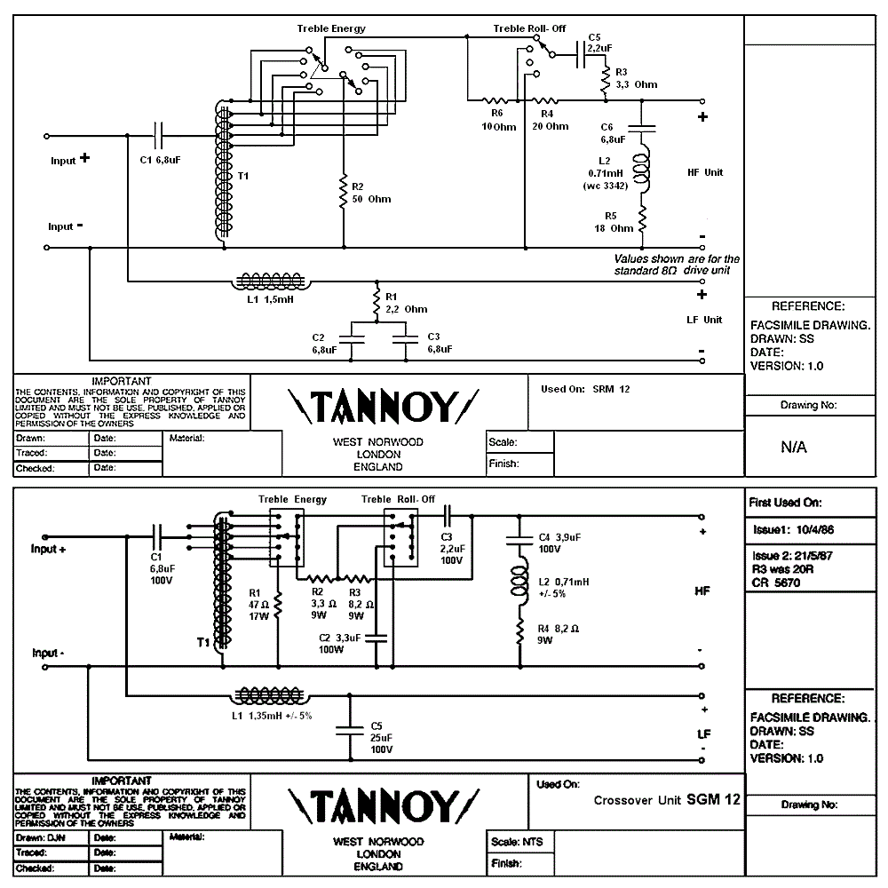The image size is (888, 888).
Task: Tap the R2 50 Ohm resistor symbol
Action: click(344, 192)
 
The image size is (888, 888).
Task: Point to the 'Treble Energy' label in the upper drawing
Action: click(330, 28)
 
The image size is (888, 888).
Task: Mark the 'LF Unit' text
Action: click(705, 320)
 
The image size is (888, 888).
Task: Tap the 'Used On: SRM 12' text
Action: click(585, 389)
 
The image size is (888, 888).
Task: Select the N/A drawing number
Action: click(794, 447)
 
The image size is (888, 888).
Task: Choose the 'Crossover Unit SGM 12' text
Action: click(666, 799)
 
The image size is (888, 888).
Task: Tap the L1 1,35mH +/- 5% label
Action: click(271, 715)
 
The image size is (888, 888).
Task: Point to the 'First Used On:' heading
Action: click(786, 503)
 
